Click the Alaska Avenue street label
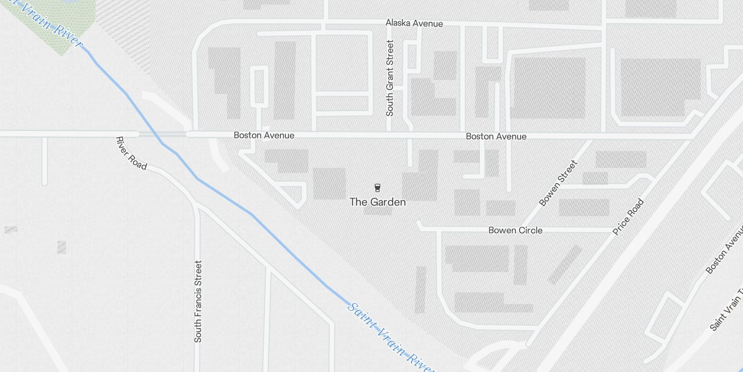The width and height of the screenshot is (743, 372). click(x=414, y=23)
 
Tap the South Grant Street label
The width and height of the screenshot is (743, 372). click(x=390, y=78)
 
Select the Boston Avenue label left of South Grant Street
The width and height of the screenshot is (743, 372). click(x=264, y=135)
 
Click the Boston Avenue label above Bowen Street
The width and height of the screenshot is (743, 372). click(x=496, y=136)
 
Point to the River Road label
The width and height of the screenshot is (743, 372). click(x=131, y=153)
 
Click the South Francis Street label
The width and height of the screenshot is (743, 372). click(x=198, y=301)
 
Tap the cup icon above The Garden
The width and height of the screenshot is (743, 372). click(x=378, y=188)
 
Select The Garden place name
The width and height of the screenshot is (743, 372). click(x=378, y=202)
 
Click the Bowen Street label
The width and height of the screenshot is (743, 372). click(x=559, y=183)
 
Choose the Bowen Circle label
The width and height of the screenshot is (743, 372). click(x=515, y=230)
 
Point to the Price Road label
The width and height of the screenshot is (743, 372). click(x=628, y=217)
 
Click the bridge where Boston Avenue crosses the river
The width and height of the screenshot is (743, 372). click(x=163, y=134)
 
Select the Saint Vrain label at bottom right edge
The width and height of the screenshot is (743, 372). click(x=727, y=309)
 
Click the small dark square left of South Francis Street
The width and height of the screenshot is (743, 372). click(x=61, y=247)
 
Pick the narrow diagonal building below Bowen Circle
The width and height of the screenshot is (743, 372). click(x=565, y=265)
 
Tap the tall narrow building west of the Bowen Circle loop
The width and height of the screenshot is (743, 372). click(x=420, y=289)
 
